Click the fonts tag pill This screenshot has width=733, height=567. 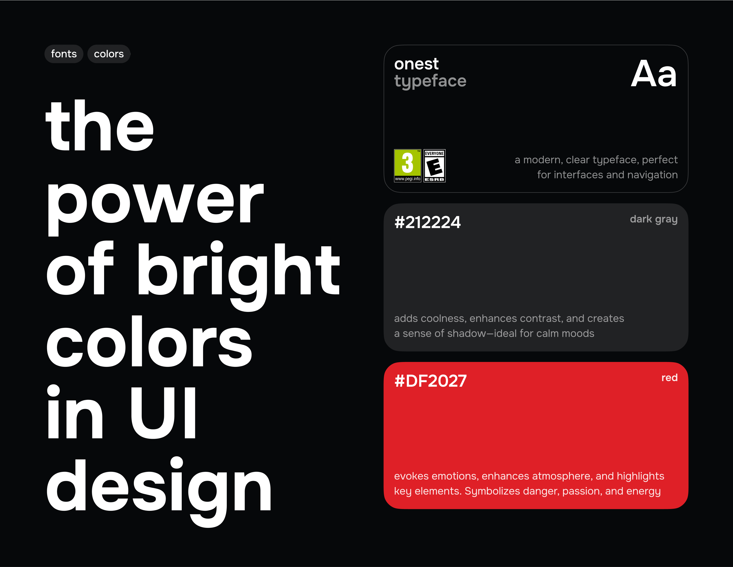pyautogui.click(x=64, y=54)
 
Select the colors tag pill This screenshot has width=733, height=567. pyautogui.click(x=109, y=54)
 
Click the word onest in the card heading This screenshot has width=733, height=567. pyautogui.click(x=416, y=64)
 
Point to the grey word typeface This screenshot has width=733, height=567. pyautogui.click(x=430, y=81)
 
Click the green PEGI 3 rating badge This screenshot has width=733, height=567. pyautogui.click(x=407, y=166)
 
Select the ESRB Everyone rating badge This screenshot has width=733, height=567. pyautogui.click(x=435, y=166)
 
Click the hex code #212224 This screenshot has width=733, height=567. pyautogui.click(x=428, y=222)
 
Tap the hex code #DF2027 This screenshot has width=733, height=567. pyautogui.click(x=431, y=381)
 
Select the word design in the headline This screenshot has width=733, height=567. pyautogui.click(x=159, y=488)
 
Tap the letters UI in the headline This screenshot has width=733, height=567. pyautogui.click(x=163, y=413)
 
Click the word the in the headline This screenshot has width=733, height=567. pyautogui.click(x=100, y=125)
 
